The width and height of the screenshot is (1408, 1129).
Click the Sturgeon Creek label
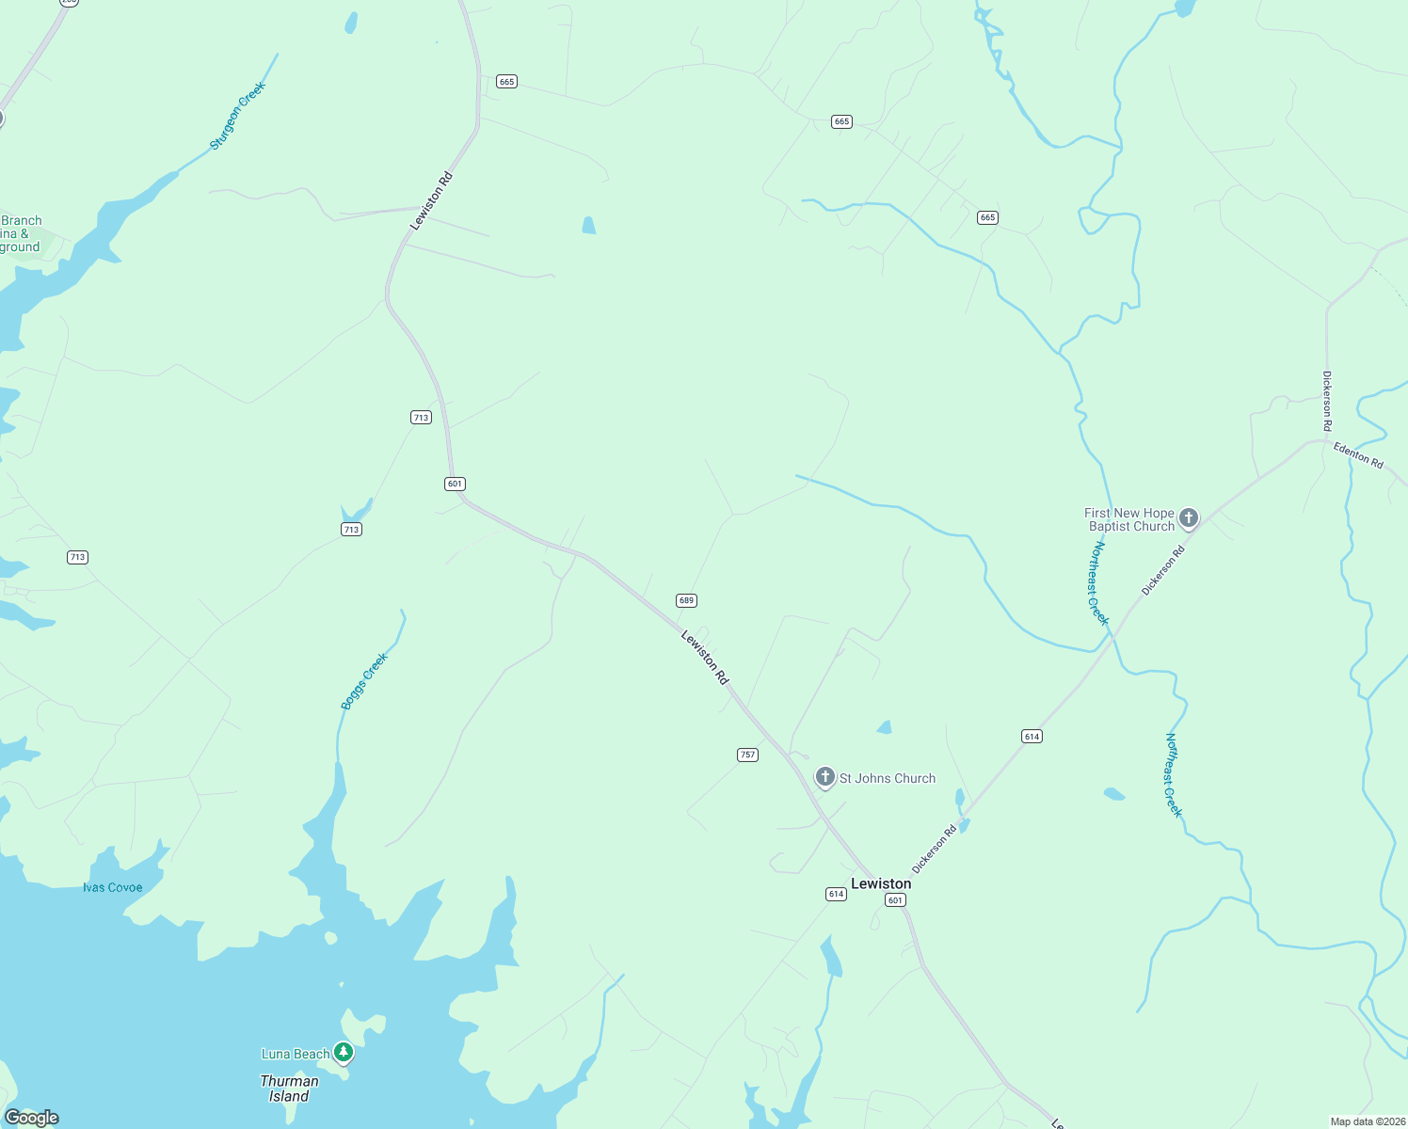[x=237, y=116]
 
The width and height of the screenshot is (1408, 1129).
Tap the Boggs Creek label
[x=364, y=680]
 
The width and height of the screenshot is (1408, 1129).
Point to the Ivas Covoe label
[x=113, y=887]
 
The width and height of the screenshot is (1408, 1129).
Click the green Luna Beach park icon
[x=344, y=1052]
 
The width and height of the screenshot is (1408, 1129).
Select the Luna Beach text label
[x=296, y=1054]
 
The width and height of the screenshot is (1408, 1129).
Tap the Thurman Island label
[x=289, y=1089]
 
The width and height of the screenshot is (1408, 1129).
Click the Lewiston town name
[x=881, y=883]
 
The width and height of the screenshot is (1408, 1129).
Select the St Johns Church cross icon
[x=825, y=777]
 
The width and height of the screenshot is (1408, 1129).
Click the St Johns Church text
[x=888, y=778]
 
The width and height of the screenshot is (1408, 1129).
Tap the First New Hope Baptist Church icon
[x=1189, y=517]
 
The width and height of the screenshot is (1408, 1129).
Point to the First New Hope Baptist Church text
[x=1130, y=519]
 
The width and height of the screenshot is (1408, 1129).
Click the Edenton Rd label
[x=1358, y=455]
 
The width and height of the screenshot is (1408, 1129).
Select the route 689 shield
[x=686, y=600]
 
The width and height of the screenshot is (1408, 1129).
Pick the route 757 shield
[x=747, y=755]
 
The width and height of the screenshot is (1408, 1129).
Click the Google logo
[x=32, y=1118]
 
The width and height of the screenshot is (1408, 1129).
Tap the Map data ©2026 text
[x=1367, y=1121]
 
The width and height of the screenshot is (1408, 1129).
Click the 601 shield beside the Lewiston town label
[x=895, y=900]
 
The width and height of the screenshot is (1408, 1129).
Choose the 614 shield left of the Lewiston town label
[x=836, y=894]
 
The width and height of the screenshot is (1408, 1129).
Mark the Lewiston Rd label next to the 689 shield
[x=705, y=658]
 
